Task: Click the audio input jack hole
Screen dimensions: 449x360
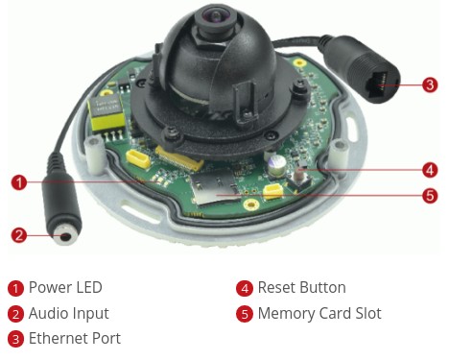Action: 66,236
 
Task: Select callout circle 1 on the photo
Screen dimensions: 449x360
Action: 19,182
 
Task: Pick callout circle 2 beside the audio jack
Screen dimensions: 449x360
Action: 19,235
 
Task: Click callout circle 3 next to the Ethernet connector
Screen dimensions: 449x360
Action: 430,84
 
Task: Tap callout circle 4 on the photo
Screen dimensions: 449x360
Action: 430,170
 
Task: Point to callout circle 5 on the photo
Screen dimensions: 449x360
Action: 430,195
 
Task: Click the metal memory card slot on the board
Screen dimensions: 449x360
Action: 215,187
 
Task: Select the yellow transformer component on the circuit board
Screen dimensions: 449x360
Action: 106,113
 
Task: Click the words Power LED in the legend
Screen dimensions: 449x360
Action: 65,287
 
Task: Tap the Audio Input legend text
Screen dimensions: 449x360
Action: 69,314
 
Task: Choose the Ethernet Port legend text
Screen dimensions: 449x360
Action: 75,338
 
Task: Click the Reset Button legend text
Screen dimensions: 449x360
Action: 302,287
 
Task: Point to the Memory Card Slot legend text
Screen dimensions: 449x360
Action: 319,314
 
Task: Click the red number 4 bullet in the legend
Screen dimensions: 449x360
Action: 245,288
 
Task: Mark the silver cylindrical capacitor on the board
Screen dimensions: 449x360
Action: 275,166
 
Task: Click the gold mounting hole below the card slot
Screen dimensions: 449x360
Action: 251,204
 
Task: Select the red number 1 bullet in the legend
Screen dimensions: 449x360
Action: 15,288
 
